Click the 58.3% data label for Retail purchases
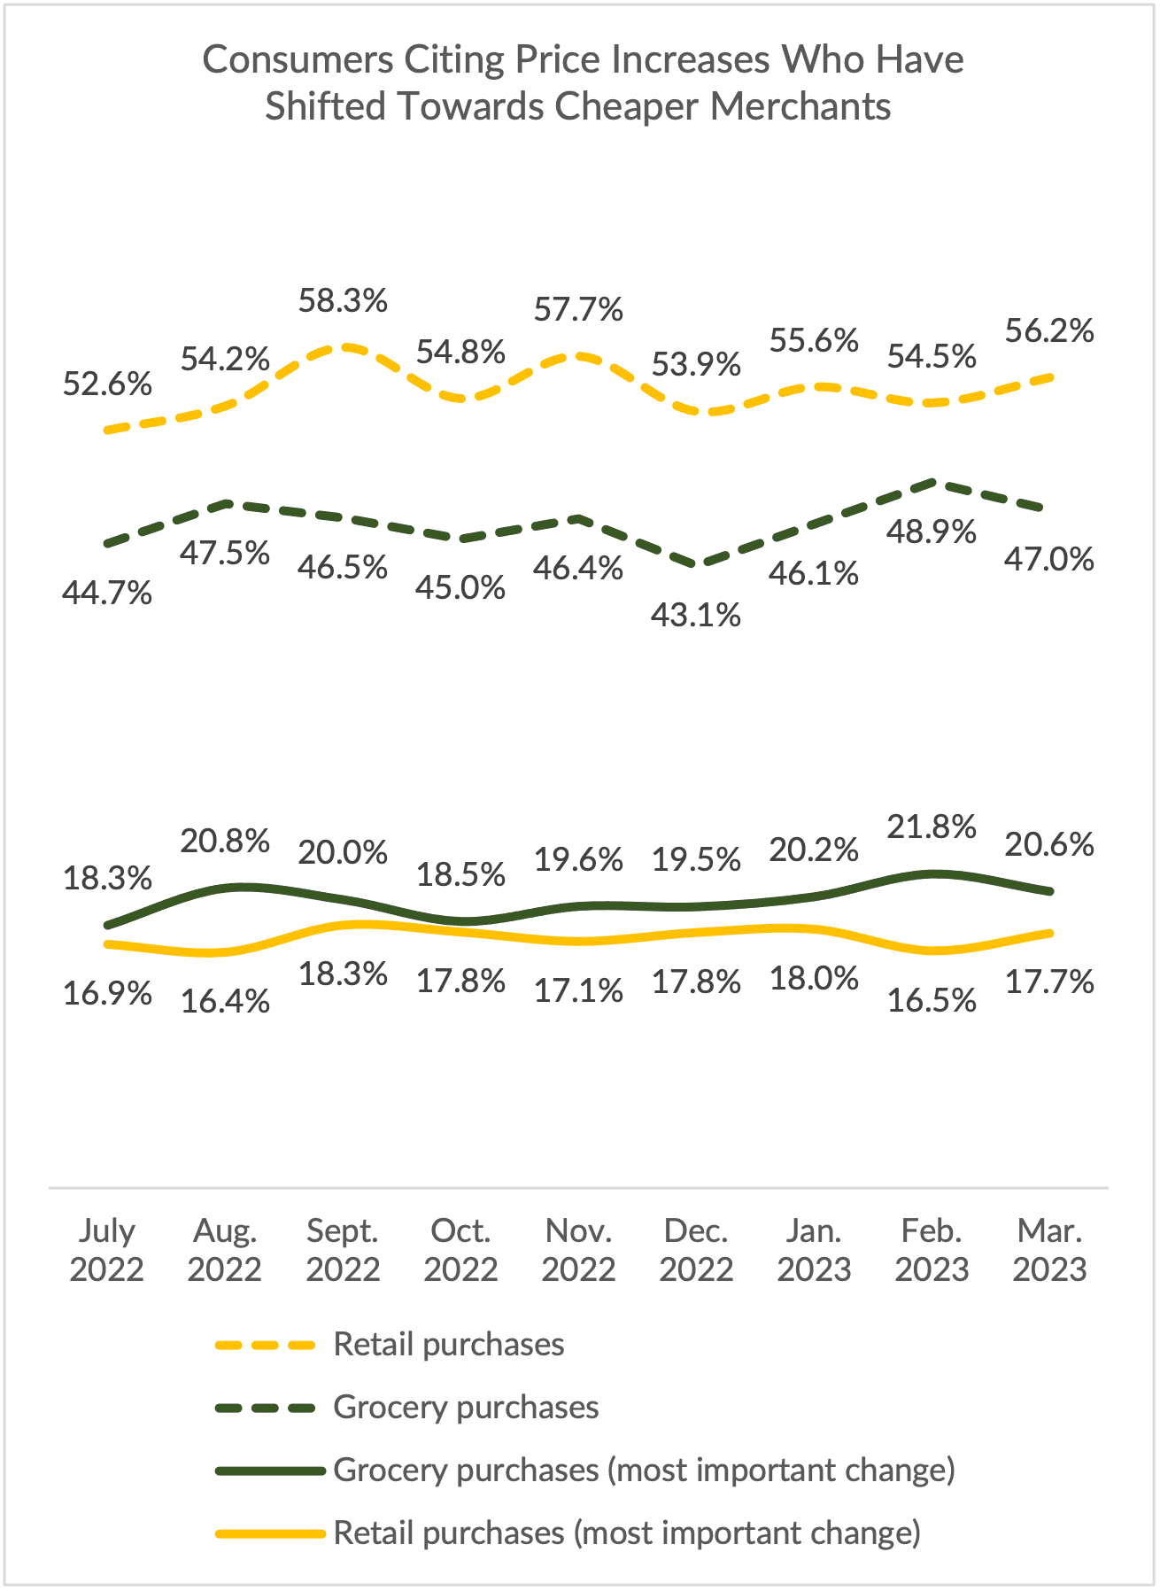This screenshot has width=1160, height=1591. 343,301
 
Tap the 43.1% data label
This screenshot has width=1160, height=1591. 695,615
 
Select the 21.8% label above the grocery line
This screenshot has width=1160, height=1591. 932,827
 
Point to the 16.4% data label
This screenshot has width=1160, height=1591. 225,1002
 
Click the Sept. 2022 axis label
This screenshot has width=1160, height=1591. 343,1250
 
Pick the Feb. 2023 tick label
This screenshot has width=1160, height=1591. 932,1250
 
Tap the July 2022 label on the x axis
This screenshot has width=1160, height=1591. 107,1250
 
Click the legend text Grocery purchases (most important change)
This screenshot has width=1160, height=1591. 644,1471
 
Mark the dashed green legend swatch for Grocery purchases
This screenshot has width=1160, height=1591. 266,1408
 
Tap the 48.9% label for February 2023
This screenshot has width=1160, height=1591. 932,532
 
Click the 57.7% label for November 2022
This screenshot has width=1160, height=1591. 578,310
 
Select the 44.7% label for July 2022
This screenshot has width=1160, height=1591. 107,593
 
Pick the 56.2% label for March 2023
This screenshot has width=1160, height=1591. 1049,331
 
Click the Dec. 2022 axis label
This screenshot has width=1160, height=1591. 696,1250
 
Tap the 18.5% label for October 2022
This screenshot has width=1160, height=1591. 460,875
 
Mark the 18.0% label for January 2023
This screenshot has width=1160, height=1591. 814,980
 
